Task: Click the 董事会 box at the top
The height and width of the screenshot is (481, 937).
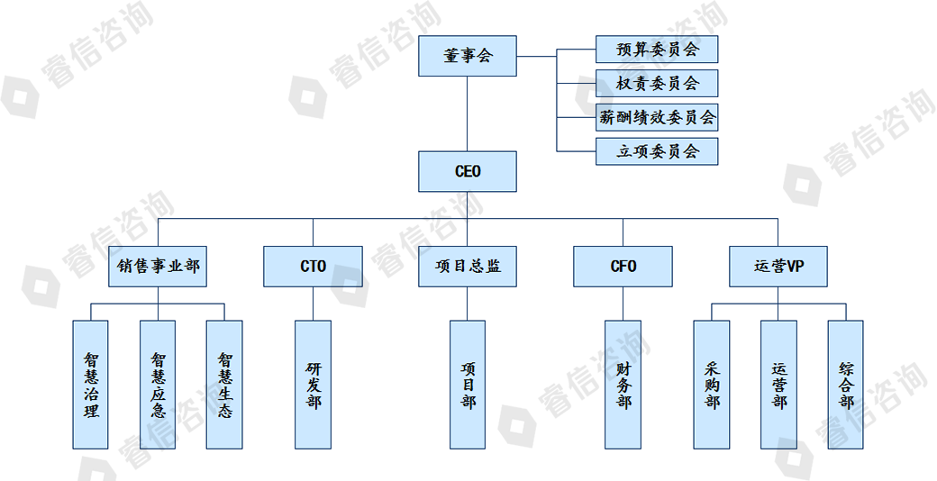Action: tap(468, 56)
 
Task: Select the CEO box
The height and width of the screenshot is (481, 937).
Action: tap(468, 171)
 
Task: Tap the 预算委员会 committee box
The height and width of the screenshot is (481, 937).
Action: tap(657, 50)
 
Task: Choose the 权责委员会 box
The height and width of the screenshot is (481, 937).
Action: tap(657, 84)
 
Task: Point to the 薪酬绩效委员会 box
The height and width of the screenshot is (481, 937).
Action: tap(657, 117)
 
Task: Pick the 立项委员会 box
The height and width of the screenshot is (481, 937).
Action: tap(657, 151)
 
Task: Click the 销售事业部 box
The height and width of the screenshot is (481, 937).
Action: tap(158, 267)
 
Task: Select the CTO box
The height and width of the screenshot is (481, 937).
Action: tap(313, 267)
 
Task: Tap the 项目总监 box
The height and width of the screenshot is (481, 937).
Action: tap(468, 267)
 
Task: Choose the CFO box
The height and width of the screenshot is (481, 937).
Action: tap(623, 267)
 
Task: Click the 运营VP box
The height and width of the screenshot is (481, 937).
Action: tap(778, 267)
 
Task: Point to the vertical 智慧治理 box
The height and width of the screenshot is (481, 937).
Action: tap(90, 385)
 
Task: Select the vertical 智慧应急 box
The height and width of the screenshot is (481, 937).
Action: tap(158, 385)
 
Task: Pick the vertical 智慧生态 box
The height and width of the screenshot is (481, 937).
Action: tap(224, 385)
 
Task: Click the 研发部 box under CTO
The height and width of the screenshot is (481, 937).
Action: tap(313, 385)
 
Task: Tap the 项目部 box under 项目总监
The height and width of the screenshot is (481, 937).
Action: tap(468, 385)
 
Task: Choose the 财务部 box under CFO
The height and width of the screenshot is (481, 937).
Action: tap(623, 385)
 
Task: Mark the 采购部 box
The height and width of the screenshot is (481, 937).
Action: tap(712, 385)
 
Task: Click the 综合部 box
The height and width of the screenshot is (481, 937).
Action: tap(845, 385)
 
